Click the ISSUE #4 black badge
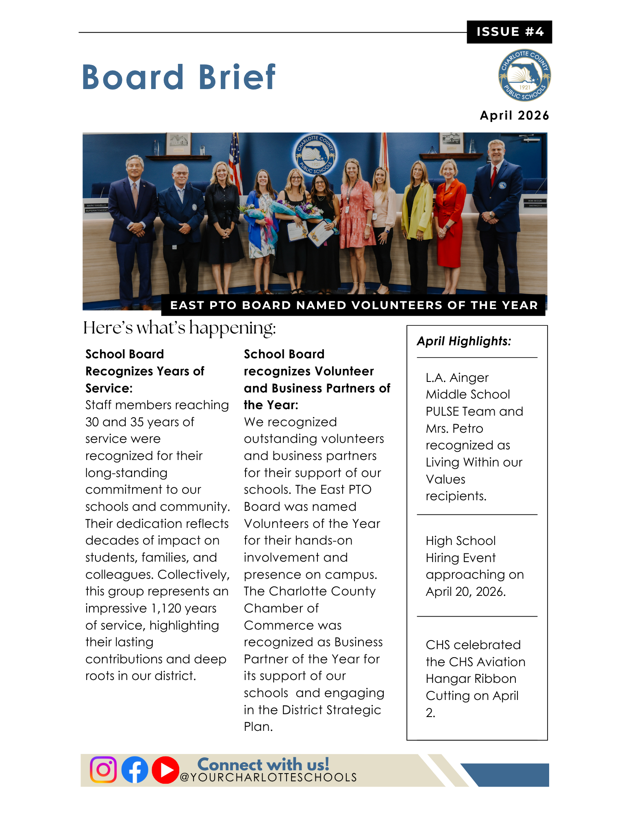509,32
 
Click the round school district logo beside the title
524,76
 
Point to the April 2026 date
514,116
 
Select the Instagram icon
103,769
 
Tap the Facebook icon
135,769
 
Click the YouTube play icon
165,770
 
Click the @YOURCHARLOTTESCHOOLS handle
268,778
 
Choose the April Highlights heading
464,341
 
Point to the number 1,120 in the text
166,608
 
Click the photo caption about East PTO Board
354,305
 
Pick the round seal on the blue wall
315,154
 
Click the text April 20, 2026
465,592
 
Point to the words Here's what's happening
179,328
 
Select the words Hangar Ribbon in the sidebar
471,679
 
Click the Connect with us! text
263,764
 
